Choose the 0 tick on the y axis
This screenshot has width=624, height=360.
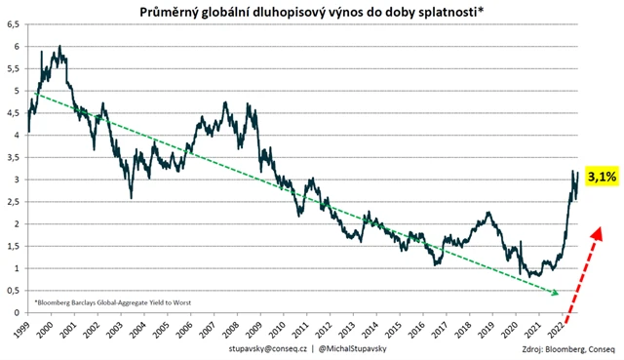pos(17,312)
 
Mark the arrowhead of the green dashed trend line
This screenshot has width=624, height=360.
pos(557,292)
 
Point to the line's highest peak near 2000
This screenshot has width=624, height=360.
pos(60,46)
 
